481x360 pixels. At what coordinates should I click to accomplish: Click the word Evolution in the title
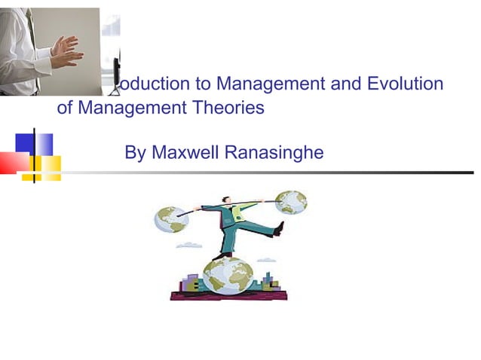point(405,84)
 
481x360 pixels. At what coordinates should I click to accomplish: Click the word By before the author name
point(135,153)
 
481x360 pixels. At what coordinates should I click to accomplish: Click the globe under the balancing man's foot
point(228,275)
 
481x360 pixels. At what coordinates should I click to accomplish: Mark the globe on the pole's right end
point(290,203)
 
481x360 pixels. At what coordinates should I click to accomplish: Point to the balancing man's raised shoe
point(279,228)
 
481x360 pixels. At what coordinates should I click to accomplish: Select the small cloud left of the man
point(188,245)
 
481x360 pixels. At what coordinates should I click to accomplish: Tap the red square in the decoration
point(13,162)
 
